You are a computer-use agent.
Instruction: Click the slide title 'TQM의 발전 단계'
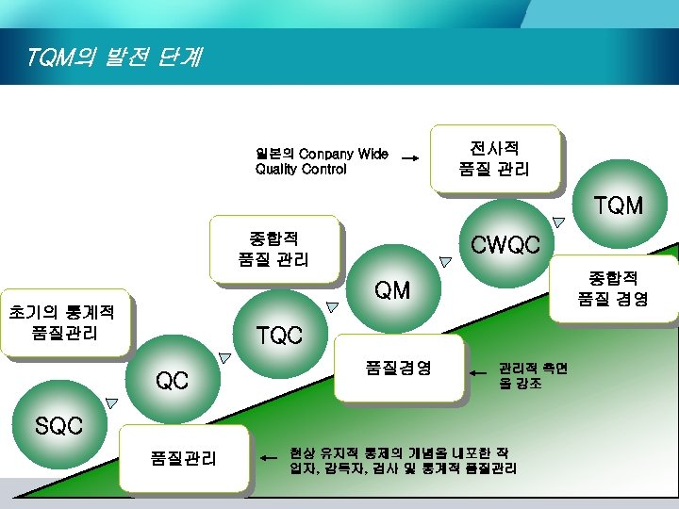114,58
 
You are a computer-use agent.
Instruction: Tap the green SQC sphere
58,425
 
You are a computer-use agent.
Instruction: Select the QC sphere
172,381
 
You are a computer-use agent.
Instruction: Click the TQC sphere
279,335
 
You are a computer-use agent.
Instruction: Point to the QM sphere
391,290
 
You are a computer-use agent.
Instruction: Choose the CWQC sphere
505,246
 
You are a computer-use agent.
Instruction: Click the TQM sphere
617,205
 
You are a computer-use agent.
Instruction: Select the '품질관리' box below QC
184,458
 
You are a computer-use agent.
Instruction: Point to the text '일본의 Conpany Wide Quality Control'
321,161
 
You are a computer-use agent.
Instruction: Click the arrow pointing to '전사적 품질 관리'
409,159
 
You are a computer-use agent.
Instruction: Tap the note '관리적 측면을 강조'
533,376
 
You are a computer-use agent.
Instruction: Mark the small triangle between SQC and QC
112,402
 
